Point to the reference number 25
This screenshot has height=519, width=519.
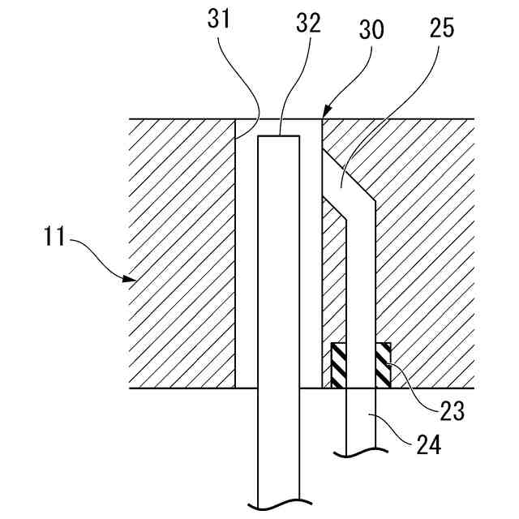[442, 28]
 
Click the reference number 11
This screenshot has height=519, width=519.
[54, 240]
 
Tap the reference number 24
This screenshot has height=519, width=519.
[429, 444]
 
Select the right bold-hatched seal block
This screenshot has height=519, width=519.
[382, 365]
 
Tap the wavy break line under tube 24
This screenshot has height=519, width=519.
[359, 453]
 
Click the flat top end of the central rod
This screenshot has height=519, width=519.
[279, 135]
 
